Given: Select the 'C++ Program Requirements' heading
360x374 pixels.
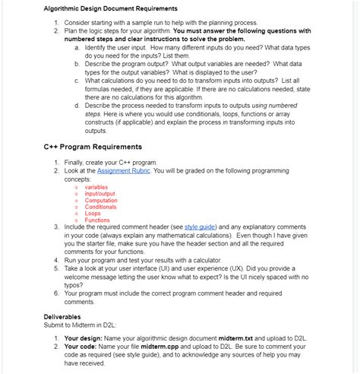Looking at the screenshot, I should point(92,146).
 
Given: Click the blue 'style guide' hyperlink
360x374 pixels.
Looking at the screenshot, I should point(200,227).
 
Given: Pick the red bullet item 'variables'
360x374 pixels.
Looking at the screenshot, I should point(96,186).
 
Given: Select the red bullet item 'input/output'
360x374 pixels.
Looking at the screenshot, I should point(99,193).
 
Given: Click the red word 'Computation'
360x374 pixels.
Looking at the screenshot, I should point(101,201).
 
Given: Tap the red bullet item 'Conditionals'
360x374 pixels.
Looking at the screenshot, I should point(100,207).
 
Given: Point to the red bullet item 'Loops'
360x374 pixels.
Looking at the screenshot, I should point(93,214).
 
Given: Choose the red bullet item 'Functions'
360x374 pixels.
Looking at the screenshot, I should point(97,220).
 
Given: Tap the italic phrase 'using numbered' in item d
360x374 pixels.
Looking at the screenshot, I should point(275,105).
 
